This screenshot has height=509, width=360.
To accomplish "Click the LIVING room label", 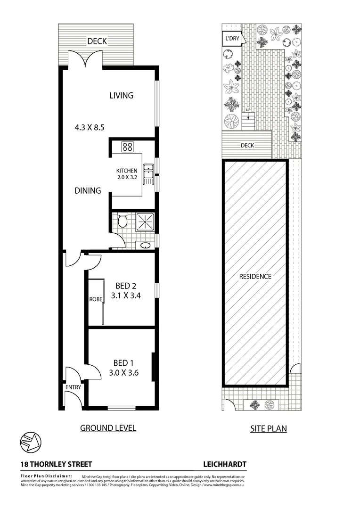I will point(121,95).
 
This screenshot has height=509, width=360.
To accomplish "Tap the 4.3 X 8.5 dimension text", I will point(89,127).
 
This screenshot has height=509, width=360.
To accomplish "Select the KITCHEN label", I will point(127,171).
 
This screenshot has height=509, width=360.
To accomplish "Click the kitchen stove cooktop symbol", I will point(127,147).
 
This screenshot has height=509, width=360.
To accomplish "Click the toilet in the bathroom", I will point(123,222).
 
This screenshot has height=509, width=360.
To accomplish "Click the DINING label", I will point(88,191).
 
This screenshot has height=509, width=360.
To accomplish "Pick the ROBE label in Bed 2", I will point(95,299).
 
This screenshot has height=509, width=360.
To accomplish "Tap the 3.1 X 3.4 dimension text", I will point(126,296).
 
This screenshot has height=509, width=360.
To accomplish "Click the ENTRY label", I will point(74,387).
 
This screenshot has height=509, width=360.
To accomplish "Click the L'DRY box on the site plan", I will point(231,38).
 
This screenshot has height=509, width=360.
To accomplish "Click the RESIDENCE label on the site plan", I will point(255,277).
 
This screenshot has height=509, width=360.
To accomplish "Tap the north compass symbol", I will point(31,442).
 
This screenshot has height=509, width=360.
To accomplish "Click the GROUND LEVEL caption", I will point(108,428).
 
